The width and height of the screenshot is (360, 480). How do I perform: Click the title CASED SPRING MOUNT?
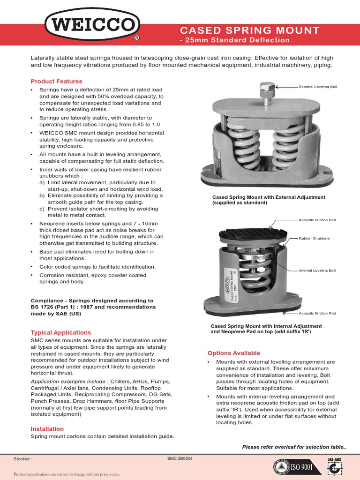250,31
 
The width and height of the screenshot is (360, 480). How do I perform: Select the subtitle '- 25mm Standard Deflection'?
235,40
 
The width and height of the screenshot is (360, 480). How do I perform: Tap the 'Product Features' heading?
56,82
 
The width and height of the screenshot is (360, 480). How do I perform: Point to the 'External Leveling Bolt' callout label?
318,87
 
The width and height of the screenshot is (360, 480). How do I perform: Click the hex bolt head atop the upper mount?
266,88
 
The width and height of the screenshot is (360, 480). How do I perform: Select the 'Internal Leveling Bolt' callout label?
318,271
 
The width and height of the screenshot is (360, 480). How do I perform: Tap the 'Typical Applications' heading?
61,332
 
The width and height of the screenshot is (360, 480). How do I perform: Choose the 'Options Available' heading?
233,353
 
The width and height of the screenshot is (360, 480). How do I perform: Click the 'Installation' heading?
47,429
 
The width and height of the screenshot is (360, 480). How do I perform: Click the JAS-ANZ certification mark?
333,466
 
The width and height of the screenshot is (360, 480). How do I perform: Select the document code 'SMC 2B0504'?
180,458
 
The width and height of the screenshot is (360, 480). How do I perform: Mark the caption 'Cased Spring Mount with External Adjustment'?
269,197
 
